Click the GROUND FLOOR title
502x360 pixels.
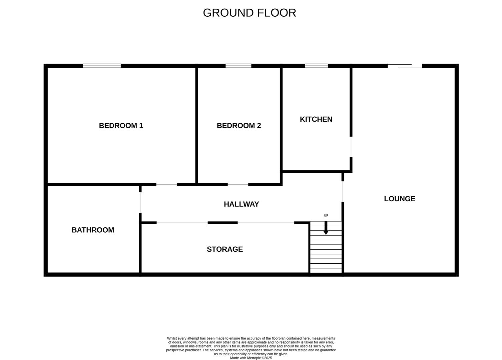pyautogui.click(x=249, y=13)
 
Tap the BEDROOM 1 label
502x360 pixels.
pyautogui.click(x=121, y=126)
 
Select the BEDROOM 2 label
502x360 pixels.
pyautogui.click(x=239, y=126)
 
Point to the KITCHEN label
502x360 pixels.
pyautogui.click(x=316, y=119)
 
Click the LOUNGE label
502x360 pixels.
pyautogui.click(x=400, y=199)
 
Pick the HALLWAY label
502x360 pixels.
pyautogui.click(x=241, y=204)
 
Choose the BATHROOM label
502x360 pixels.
pyautogui.click(x=93, y=230)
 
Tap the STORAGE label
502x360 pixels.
pyautogui.click(x=225, y=249)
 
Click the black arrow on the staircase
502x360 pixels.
pyautogui.click(x=326, y=228)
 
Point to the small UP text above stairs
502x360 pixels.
pyautogui.click(x=326, y=216)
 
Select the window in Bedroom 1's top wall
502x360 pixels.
pyautogui.click(x=102, y=66)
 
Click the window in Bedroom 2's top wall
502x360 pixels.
pyautogui.click(x=238, y=66)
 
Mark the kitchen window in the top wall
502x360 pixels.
pyautogui.click(x=316, y=66)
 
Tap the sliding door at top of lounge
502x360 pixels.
pyautogui.click(x=405, y=66)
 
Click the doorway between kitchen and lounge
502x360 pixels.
pyautogui.click(x=351, y=147)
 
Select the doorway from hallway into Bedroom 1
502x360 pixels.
pyautogui.click(x=166, y=184)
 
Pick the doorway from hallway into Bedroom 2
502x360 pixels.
pyautogui.click(x=238, y=184)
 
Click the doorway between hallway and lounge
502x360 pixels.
pyautogui.click(x=343, y=192)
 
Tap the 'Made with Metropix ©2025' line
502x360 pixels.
pyautogui.click(x=251, y=358)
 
